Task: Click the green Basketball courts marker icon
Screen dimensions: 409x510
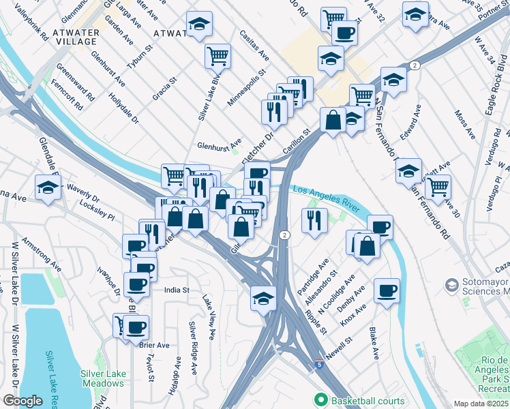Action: point(319,399)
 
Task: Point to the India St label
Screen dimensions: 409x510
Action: point(176,290)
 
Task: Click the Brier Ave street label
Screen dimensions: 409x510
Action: point(154,345)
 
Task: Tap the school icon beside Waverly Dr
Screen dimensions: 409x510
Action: point(48,187)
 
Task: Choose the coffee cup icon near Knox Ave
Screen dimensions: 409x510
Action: point(387,290)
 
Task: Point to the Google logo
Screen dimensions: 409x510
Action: point(22,401)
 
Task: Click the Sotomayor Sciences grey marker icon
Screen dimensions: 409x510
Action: point(451,284)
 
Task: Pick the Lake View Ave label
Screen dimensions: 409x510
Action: point(209,317)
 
